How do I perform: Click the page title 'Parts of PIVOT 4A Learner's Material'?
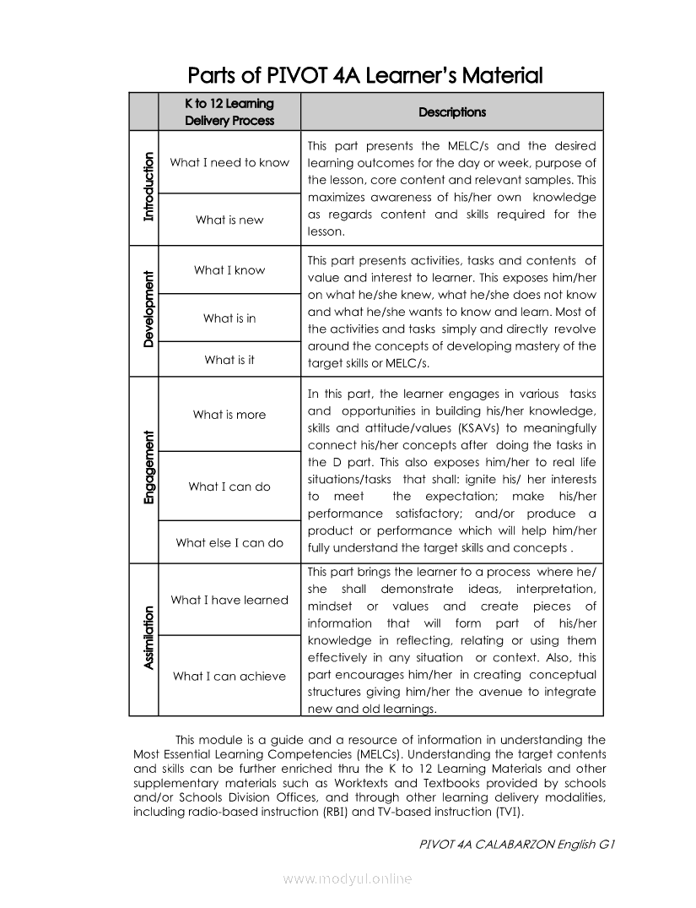pyautogui.click(x=364, y=76)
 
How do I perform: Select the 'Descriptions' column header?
pyautogui.click(x=452, y=112)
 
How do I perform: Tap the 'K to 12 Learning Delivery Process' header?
pyautogui.click(x=229, y=112)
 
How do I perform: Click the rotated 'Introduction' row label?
pyautogui.click(x=149, y=187)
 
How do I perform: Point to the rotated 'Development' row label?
pyautogui.click(x=149, y=309)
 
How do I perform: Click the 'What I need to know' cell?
pyautogui.click(x=229, y=162)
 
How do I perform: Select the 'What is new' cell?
pyautogui.click(x=229, y=220)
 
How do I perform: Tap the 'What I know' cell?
pyautogui.click(x=229, y=270)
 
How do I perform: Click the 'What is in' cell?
pyautogui.click(x=229, y=318)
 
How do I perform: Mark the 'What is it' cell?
pyautogui.click(x=229, y=360)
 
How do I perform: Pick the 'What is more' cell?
pyautogui.click(x=229, y=415)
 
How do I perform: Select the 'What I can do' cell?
pyautogui.click(x=229, y=487)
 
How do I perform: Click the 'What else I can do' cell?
pyautogui.click(x=229, y=543)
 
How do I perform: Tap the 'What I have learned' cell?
pyautogui.click(x=229, y=601)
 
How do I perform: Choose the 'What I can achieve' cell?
pyautogui.click(x=229, y=676)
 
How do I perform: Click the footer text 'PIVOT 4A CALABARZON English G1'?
pyautogui.click(x=515, y=845)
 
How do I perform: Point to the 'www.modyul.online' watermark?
pyautogui.click(x=348, y=879)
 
